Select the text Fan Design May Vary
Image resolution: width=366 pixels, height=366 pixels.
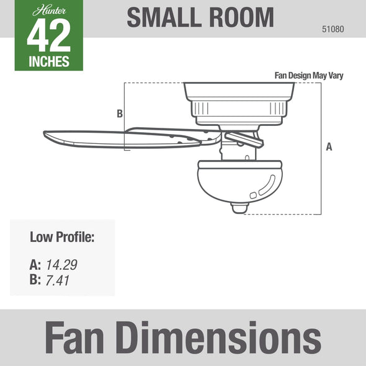[x=308, y=76]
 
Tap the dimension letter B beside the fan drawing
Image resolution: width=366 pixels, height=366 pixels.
[x=120, y=114]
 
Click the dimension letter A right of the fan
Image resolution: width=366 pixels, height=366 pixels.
[x=329, y=147]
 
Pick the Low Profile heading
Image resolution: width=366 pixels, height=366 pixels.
[x=62, y=237]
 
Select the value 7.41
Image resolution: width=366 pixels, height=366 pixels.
[x=58, y=280]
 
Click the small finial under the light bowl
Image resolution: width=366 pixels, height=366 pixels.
[x=239, y=207]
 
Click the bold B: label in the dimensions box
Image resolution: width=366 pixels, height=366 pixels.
[x=35, y=280]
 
